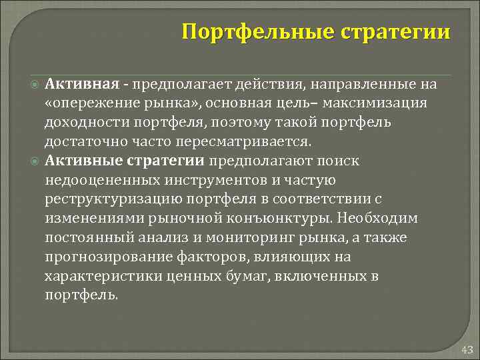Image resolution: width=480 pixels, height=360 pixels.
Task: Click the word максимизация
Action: point(383,103)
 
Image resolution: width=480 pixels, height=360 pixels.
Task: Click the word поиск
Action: point(337,161)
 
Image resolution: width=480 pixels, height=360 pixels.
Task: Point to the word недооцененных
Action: point(95,180)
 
